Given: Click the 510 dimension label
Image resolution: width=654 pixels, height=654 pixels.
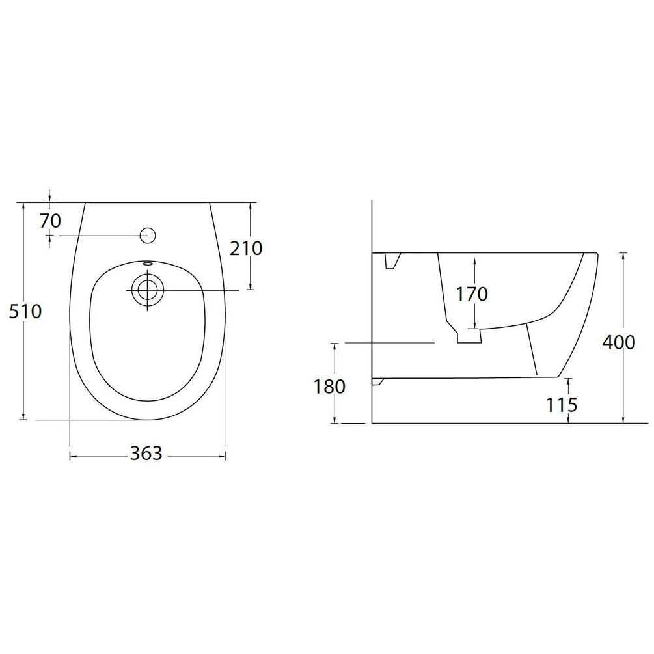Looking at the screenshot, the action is pyautogui.click(x=25, y=312).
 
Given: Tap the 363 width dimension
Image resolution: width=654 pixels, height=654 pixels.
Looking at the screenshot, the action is pyautogui.click(x=146, y=453).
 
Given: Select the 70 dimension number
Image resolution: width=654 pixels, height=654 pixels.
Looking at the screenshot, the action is pyautogui.click(x=51, y=221).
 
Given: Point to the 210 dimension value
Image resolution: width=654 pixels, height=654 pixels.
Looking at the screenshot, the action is pyautogui.click(x=247, y=249).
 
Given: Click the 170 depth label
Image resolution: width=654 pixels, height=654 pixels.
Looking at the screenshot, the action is pyautogui.click(x=472, y=294).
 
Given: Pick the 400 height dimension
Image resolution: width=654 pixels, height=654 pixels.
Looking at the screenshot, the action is pyautogui.click(x=619, y=342).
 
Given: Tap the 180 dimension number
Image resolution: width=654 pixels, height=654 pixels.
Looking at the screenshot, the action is pyautogui.click(x=329, y=387).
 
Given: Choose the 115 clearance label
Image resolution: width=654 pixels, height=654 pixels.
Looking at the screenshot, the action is pyautogui.click(x=562, y=404).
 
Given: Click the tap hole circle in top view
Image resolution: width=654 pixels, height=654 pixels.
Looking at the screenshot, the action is pyautogui.click(x=148, y=236).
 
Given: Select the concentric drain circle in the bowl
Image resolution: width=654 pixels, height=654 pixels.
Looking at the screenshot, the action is pyautogui.click(x=146, y=290).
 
